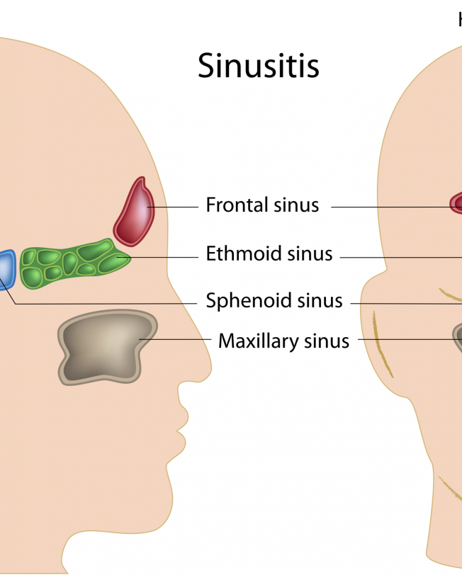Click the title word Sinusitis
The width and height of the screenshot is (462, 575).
259,66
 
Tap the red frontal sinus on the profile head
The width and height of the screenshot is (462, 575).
135,211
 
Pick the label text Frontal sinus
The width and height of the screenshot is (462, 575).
262,205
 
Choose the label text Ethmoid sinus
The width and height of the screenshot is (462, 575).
269,254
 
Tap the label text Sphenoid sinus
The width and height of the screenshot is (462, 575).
274,301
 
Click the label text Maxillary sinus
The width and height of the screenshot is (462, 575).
283,341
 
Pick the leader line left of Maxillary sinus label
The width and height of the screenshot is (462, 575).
177,338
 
